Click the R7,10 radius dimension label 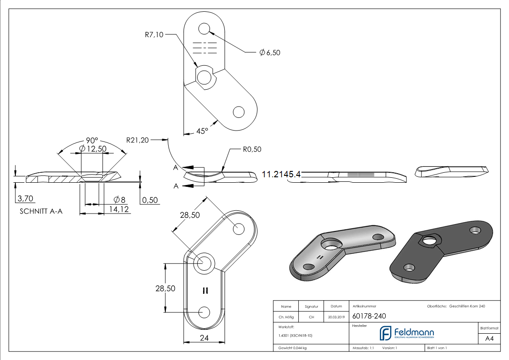coord(154,34)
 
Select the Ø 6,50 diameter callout coord(270,53)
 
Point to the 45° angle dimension coord(202,131)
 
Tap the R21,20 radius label coord(137,140)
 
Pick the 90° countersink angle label coord(92,141)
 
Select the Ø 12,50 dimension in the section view coord(92,149)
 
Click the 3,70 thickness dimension coord(24,199)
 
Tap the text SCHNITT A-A coord(41,211)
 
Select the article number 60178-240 coord(369,316)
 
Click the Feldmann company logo coord(407,333)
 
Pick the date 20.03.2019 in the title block coord(336,317)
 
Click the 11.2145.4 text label coord(281,174)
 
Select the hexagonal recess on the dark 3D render coord(427,240)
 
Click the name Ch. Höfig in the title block coord(286,317)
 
